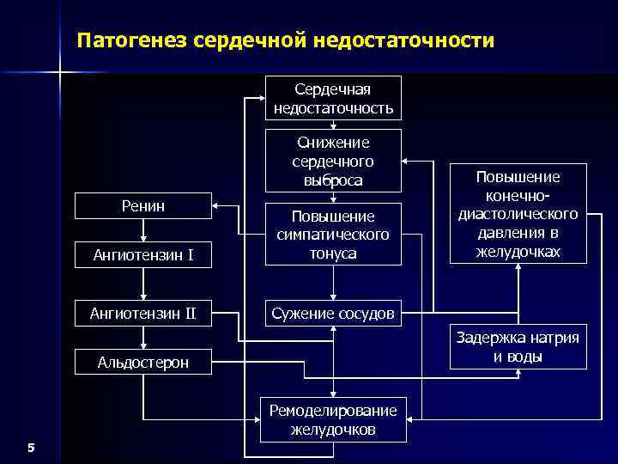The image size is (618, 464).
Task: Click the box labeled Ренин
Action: pyautogui.click(x=143, y=206)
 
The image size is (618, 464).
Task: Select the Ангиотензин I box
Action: pyautogui.click(x=143, y=255)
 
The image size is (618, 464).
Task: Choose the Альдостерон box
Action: pyautogui.click(x=143, y=363)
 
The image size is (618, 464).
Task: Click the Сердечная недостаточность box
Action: pyautogui.click(x=333, y=98)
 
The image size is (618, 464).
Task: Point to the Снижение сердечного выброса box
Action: pyautogui.click(x=333, y=161)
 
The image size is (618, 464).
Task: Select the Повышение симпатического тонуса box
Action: pyautogui.click(x=333, y=234)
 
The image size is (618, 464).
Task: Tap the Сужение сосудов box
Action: pyautogui.click(x=333, y=314)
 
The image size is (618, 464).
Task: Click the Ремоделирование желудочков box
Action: pyautogui.click(x=333, y=420)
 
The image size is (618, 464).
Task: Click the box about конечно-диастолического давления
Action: pyautogui.click(x=518, y=213)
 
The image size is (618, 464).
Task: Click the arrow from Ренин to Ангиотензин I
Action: pyautogui.click(x=143, y=230)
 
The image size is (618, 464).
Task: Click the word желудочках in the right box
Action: pyautogui.click(x=518, y=252)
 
